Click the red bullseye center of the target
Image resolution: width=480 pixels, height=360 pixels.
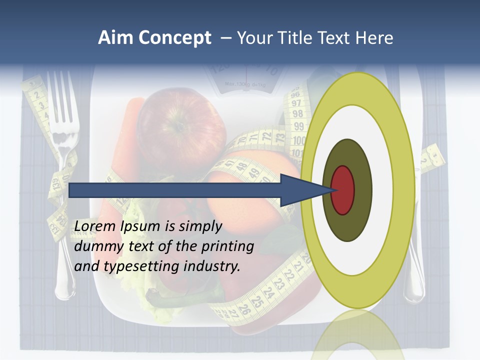tap(343, 190)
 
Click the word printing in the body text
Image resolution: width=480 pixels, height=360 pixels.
tap(227, 247)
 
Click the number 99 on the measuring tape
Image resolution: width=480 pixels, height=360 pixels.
tap(298, 126)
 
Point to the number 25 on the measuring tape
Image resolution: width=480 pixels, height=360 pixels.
tap(257, 301)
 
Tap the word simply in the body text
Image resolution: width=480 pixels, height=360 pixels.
tap(200, 226)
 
